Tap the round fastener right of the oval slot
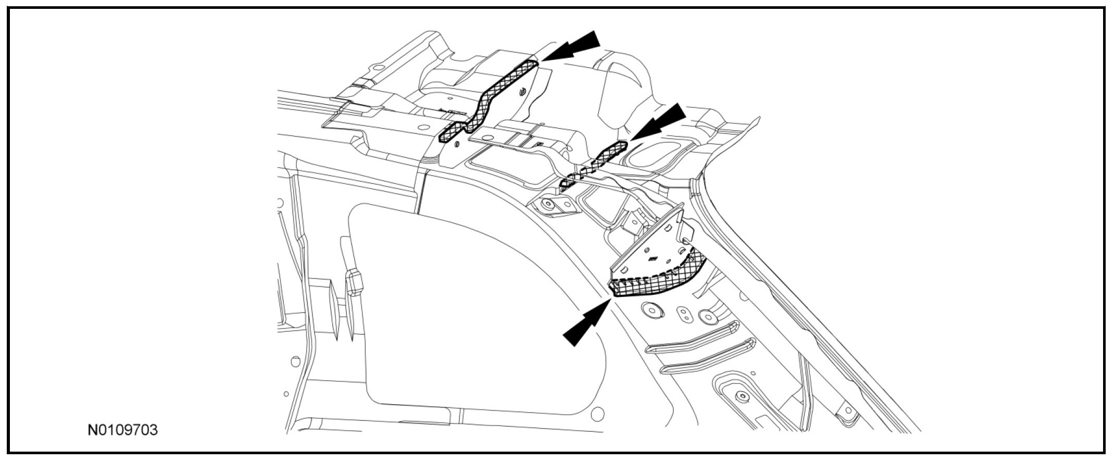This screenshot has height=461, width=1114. (x=708, y=317)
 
